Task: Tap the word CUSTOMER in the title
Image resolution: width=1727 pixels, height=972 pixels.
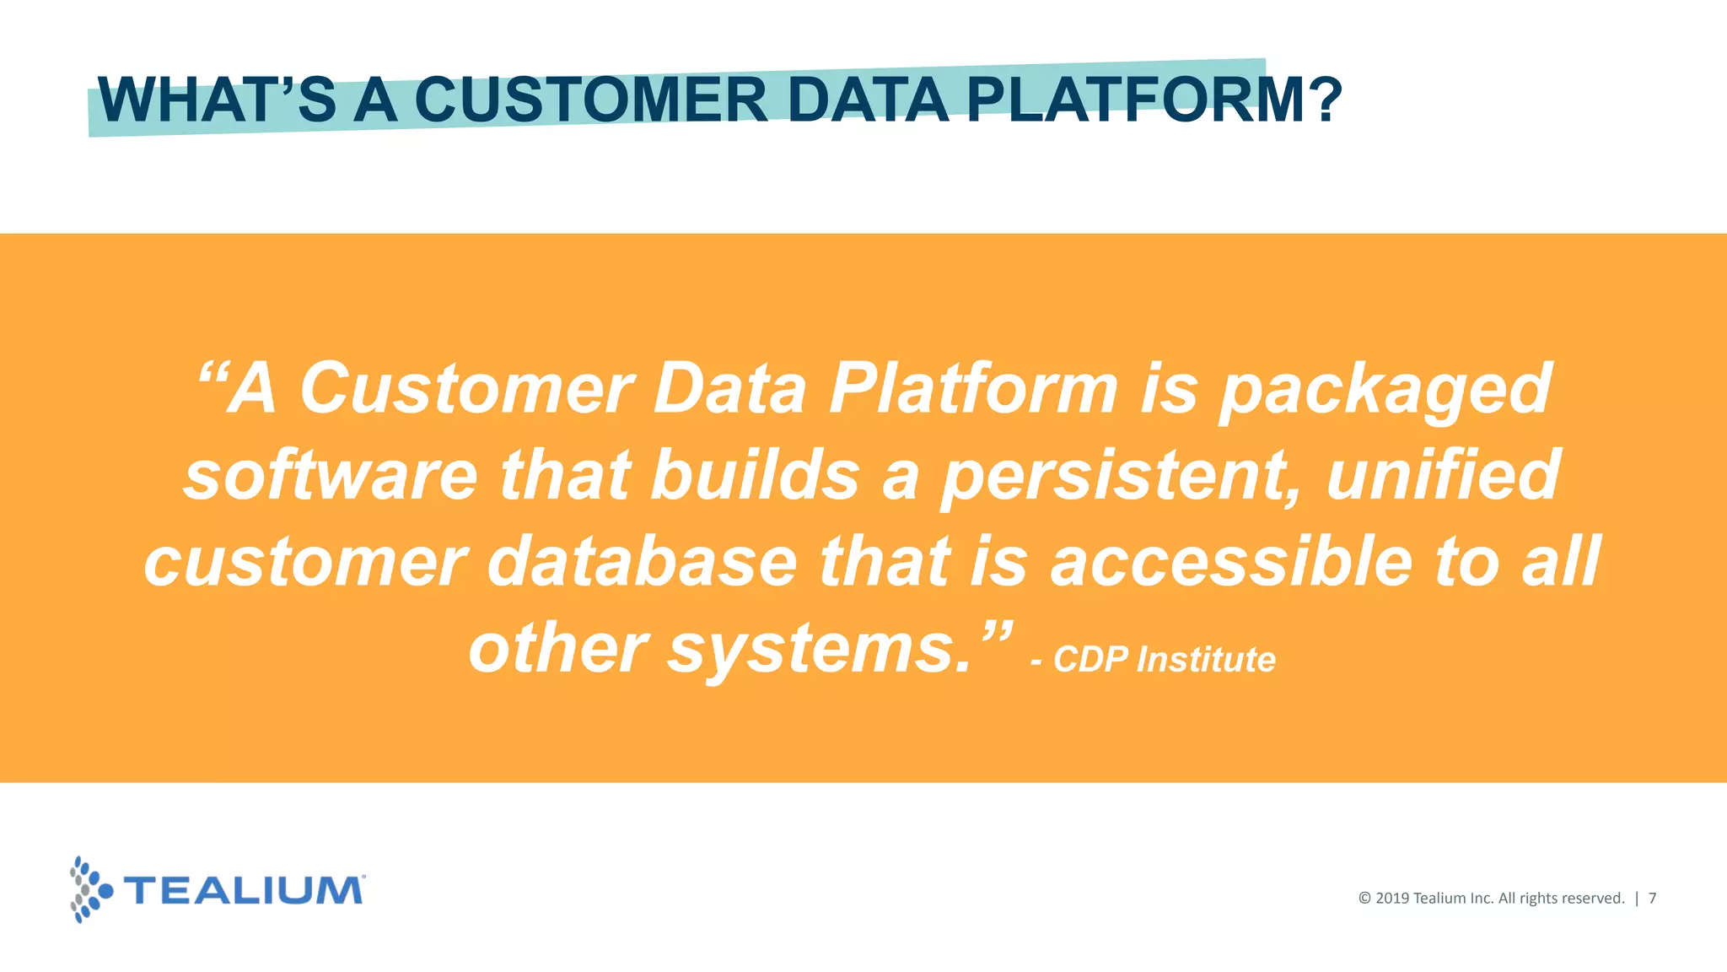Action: [590, 100]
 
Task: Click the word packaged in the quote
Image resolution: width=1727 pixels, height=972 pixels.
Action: [1384, 390]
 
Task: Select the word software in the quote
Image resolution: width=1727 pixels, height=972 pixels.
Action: [331, 475]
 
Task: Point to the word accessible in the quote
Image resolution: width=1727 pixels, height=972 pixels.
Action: [1231, 562]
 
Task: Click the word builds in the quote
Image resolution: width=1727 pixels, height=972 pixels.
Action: [755, 475]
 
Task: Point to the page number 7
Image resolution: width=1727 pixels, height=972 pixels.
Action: [1652, 899]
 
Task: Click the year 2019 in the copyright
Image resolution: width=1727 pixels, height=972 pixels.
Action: [1392, 899]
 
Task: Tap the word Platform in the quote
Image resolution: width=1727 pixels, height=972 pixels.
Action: [974, 390]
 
